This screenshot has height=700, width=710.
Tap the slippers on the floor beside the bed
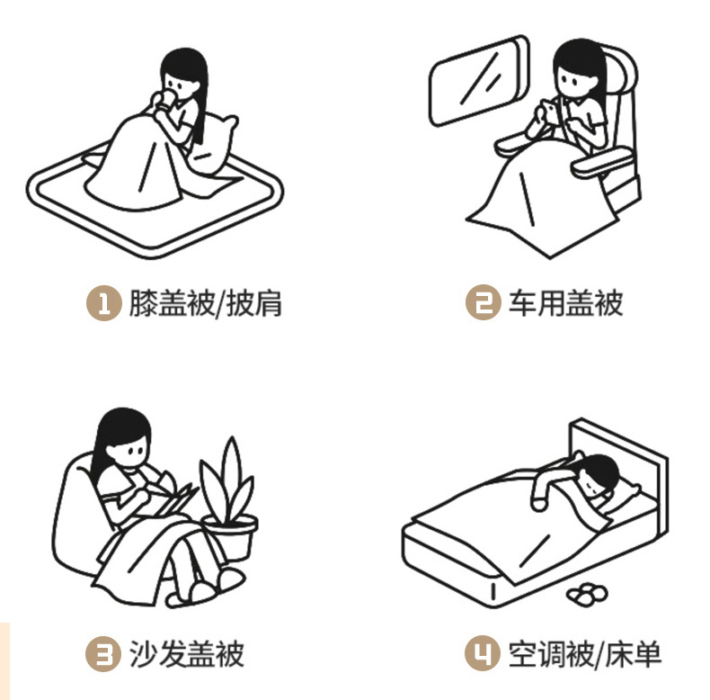click(589, 594)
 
